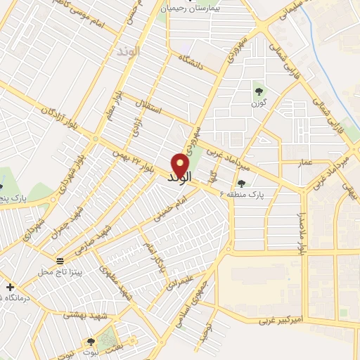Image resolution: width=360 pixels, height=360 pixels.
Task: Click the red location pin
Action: click(181, 165)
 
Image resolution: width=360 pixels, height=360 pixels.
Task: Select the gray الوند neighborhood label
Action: click(129, 51)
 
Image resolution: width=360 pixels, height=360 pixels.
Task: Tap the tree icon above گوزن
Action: click(258, 90)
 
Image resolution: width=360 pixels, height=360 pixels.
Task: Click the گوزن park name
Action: click(259, 103)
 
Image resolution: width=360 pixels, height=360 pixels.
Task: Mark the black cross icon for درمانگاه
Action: click(10, 287)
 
